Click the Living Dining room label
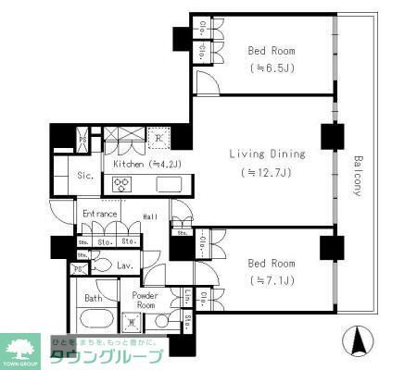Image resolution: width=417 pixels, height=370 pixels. (x=263, y=154)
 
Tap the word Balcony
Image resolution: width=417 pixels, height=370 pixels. (x=358, y=176)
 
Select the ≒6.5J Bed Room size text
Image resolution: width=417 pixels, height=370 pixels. (x=272, y=68)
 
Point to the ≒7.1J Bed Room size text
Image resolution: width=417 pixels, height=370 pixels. (x=272, y=279)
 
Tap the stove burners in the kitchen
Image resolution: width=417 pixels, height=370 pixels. (x=121, y=183)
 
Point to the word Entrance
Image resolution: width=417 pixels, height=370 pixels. (x=99, y=214)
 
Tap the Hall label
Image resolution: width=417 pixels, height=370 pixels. (x=149, y=218)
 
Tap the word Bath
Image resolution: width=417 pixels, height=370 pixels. (x=94, y=298)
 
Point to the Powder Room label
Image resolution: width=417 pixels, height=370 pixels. (x=147, y=300)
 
